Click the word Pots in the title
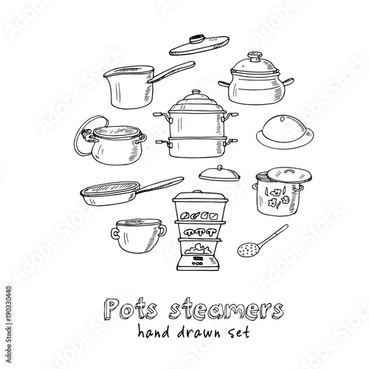131,308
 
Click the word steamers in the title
227,308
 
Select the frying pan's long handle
161,184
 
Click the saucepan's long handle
171,72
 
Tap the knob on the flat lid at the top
197,38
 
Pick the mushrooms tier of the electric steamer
199,231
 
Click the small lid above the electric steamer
219,173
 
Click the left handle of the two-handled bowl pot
114,233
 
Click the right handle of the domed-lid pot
289,82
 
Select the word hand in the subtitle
154,332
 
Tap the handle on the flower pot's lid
289,171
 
